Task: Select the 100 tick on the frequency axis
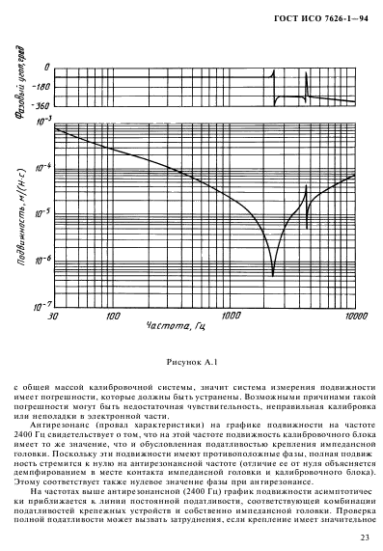coord(112,315)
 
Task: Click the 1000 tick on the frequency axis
coord(231,315)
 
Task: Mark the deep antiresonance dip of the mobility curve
coord(275,271)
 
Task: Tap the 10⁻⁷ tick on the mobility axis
coord(42,306)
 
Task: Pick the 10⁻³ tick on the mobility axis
coord(42,123)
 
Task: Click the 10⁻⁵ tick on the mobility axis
coord(42,214)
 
